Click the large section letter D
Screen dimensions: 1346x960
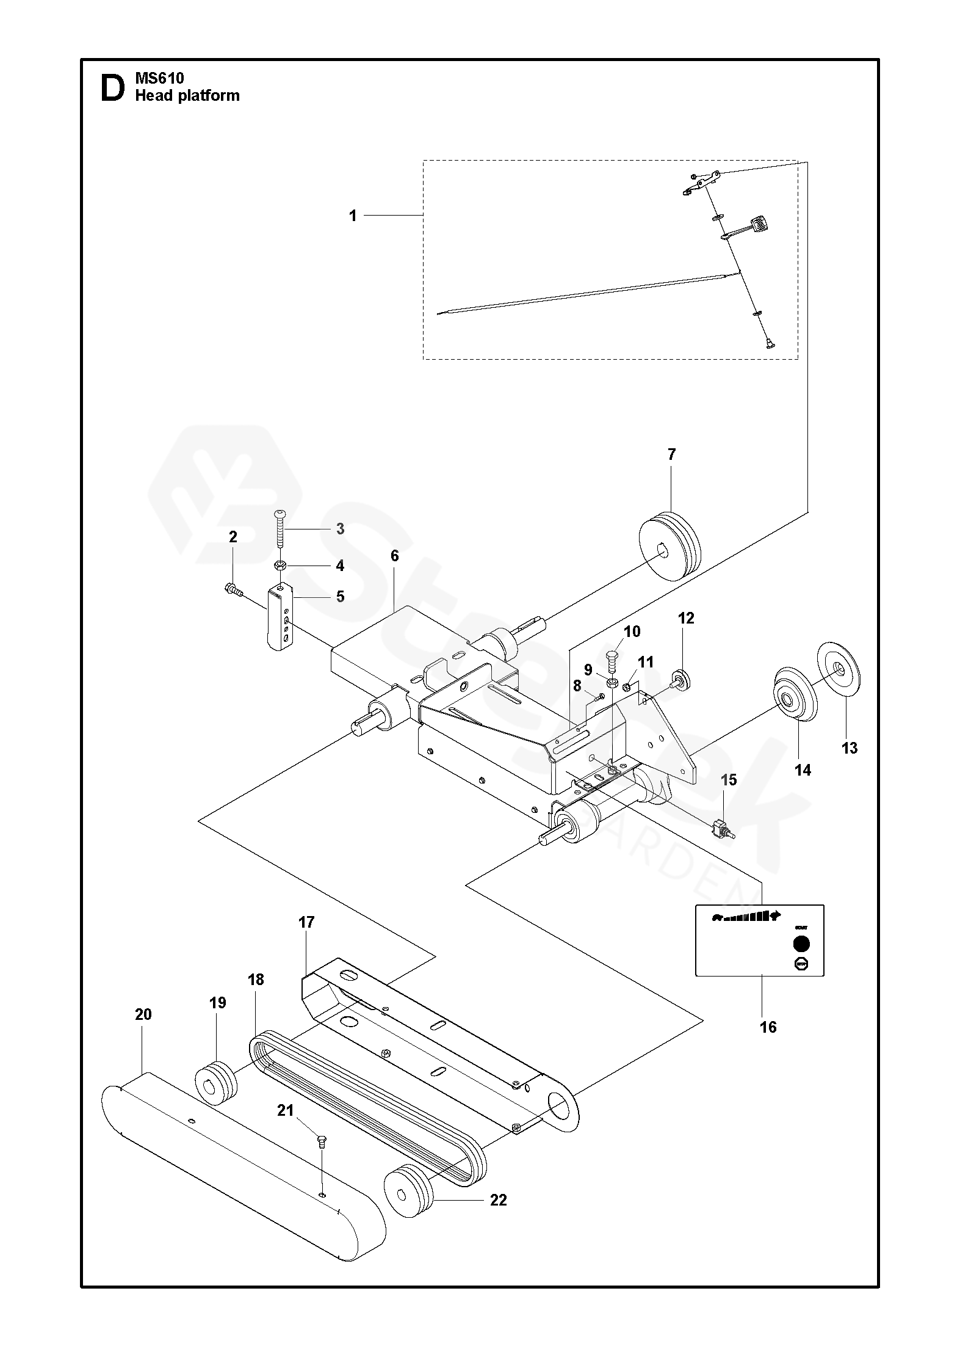point(112,88)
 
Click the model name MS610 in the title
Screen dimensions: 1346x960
point(159,78)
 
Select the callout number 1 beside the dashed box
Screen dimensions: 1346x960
point(353,216)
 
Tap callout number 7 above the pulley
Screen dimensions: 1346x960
point(671,454)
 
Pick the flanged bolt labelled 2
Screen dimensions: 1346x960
point(231,589)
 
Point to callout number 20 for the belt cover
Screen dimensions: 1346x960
point(143,1014)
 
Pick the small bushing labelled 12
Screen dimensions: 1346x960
point(680,679)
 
